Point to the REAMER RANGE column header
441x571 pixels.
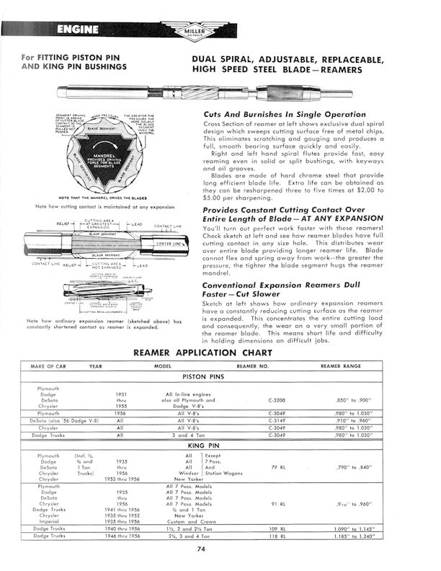point(350,367)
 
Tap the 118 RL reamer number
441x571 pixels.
point(277,536)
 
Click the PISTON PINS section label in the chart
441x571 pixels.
point(220,378)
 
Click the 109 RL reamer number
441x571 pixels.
point(277,528)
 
